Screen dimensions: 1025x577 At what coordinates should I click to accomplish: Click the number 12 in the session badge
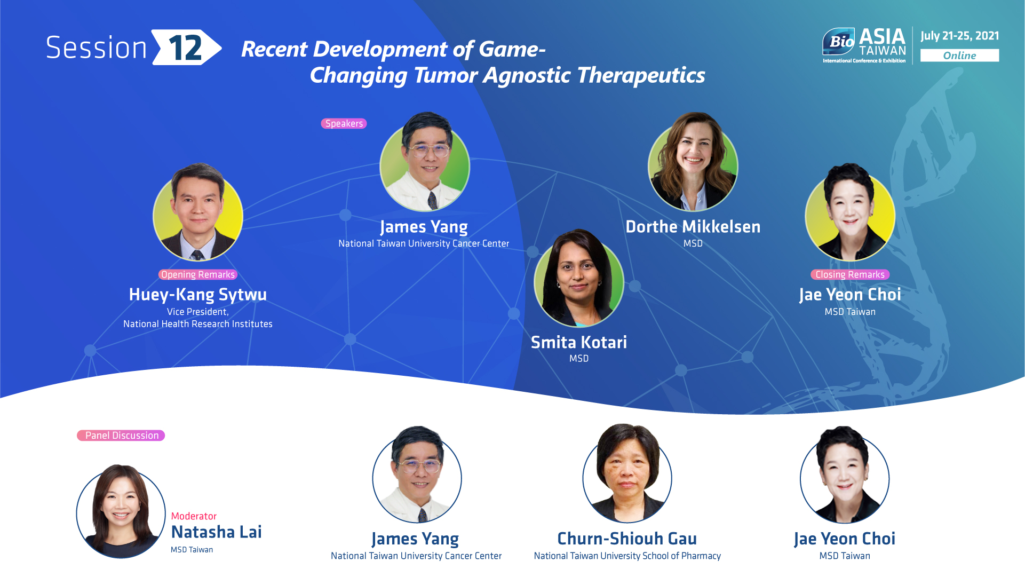185,48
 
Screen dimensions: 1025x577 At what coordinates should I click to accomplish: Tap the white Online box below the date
959,56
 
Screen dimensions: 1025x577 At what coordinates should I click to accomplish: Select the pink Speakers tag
344,123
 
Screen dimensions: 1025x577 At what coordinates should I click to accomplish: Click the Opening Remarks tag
198,274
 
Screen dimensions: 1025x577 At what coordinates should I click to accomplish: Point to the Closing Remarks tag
850,274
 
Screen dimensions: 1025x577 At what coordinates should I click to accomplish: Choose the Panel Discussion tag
121,436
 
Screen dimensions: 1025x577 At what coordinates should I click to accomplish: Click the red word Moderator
194,516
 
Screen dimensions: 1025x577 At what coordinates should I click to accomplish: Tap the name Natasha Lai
216,532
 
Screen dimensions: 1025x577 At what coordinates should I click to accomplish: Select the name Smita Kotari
579,342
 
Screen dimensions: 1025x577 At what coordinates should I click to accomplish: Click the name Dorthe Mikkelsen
693,227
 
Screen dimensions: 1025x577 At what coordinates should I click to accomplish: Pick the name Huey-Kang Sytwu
198,295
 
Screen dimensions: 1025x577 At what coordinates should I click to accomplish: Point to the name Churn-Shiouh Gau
627,539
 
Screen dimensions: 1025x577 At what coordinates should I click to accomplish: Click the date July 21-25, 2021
959,36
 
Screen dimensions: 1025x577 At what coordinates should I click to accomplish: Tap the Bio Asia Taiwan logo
864,45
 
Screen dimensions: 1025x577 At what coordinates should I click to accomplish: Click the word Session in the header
96,48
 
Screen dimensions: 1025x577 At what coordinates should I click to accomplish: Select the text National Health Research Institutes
198,324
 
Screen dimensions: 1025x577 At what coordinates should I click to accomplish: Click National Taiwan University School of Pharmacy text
627,556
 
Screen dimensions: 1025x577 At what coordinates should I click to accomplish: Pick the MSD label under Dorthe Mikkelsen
693,243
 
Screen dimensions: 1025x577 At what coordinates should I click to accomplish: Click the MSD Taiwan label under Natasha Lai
192,550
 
